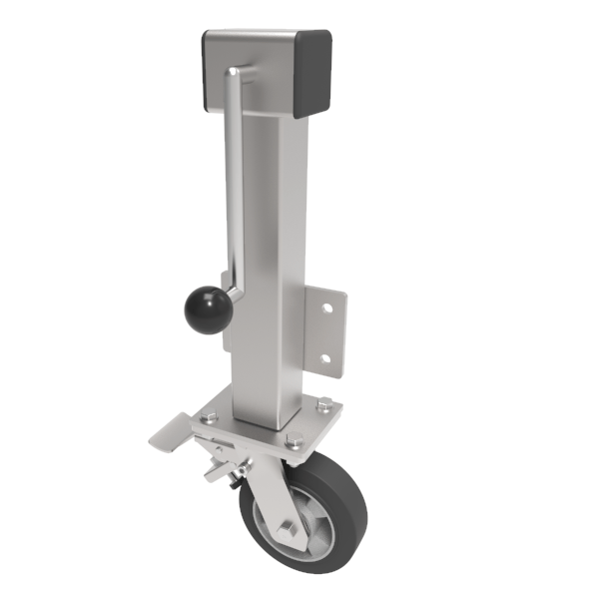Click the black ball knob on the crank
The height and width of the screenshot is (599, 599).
[x=208, y=310]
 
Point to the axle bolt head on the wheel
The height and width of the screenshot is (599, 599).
[x=290, y=528]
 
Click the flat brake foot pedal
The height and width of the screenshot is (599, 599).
[x=176, y=432]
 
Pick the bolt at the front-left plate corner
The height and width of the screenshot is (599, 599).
[x=211, y=419]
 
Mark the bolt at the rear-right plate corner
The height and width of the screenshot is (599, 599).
[x=325, y=403]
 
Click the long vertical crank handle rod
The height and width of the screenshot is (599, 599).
[x=236, y=180]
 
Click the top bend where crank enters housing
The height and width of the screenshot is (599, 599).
[x=232, y=72]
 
